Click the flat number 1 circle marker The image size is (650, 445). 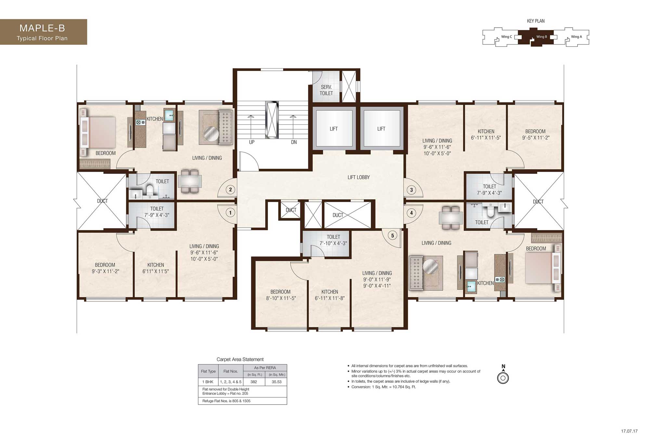click(230, 213)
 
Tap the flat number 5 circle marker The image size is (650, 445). click(393, 236)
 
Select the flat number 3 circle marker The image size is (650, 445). click(411, 190)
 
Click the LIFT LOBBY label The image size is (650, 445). click(358, 177)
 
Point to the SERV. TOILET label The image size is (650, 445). click(326, 90)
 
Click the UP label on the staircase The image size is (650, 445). click(252, 142)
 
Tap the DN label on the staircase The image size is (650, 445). click(294, 142)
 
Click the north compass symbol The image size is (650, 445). click(503, 376)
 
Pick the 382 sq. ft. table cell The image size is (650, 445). click(253, 382)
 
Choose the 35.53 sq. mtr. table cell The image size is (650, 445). click(277, 382)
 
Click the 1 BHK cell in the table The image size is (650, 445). click(208, 382)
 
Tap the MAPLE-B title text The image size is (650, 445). click(42, 28)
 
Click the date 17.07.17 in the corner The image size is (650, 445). click(629, 431)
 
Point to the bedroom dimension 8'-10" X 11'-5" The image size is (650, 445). click(281, 298)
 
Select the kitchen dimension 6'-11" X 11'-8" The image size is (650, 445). click(330, 298)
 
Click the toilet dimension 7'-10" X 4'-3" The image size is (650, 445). click(333, 243)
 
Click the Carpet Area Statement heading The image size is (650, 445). click(240, 360)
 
